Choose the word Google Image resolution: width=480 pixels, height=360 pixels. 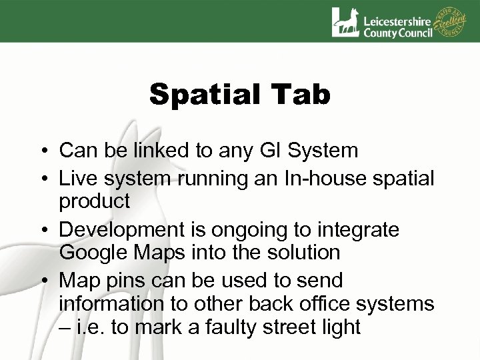pyautogui.click(x=91, y=253)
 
